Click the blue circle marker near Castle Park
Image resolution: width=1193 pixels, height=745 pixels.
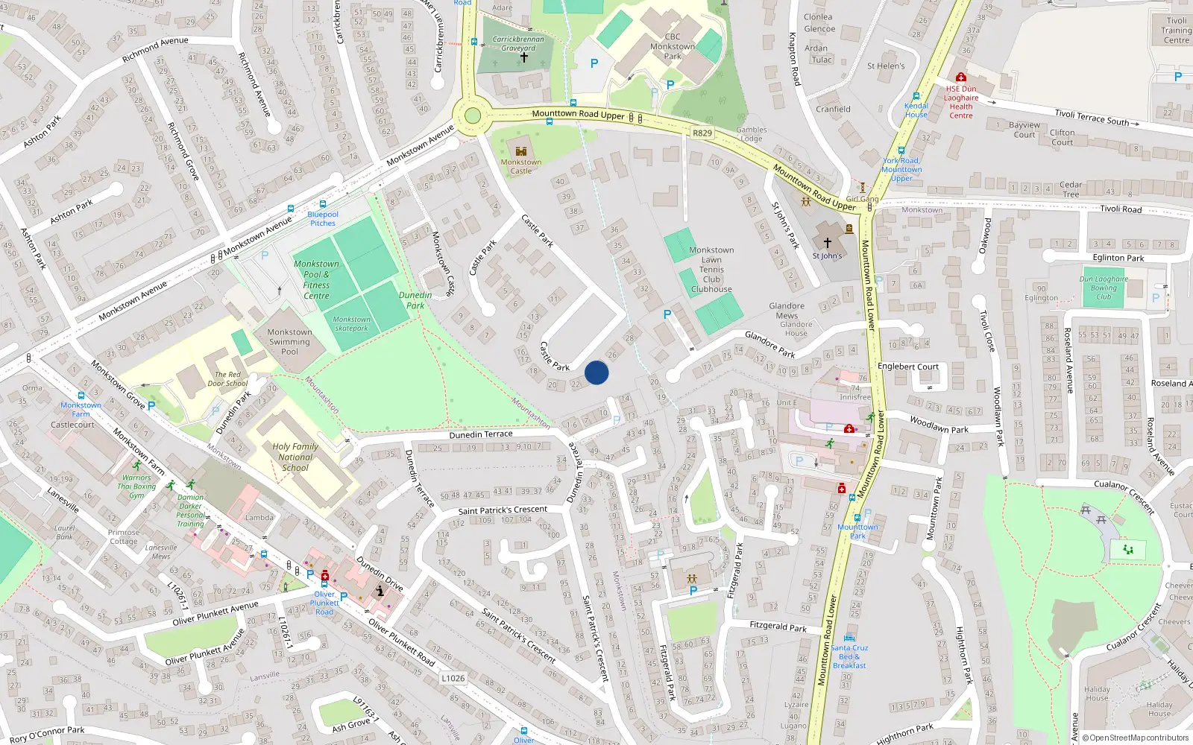coord(596,372)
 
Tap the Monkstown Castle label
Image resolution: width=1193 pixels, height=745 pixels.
coord(521,166)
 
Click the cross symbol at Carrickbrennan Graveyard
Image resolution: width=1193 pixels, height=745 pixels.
coord(523,57)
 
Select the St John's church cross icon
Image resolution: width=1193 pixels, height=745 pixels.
coord(827,243)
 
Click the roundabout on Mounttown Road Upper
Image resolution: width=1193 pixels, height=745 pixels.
coord(472,116)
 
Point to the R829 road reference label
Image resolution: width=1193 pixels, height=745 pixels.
coord(702,133)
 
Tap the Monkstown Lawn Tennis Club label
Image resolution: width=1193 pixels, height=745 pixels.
coord(711,270)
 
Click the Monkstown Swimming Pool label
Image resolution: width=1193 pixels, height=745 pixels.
coord(289,342)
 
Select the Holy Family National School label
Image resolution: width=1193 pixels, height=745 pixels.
coord(295,457)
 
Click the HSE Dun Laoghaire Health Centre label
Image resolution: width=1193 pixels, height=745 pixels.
coord(961,102)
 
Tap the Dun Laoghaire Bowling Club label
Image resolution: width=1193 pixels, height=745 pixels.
coord(1104,288)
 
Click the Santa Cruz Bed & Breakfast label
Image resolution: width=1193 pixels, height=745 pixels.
coord(849,656)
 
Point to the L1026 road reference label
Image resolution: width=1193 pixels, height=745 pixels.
coord(453,678)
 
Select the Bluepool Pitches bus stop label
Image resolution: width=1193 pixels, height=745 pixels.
coord(323,218)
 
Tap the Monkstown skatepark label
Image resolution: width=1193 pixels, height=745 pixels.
coord(351,323)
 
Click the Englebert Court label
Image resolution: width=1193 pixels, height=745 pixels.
coord(907,367)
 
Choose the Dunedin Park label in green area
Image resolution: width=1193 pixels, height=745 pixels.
coord(415,300)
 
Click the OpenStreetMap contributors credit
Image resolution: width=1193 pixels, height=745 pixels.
coord(1136,738)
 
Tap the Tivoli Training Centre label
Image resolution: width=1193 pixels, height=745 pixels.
coord(1176,31)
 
